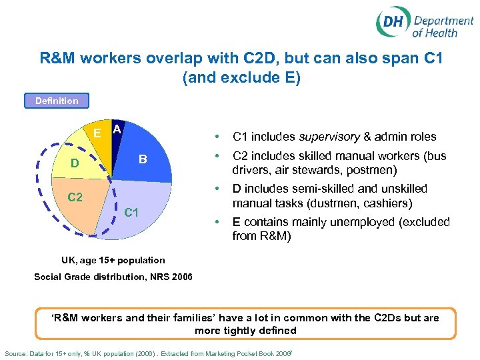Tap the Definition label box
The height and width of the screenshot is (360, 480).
[x=57, y=101]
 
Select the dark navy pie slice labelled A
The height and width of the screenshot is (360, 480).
[x=116, y=137]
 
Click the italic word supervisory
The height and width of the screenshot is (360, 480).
[x=327, y=137]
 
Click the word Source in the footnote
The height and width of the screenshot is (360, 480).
[x=17, y=351]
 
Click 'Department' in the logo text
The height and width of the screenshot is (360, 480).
[x=443, y=21]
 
